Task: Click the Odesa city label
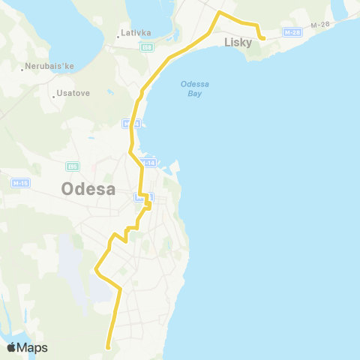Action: point(88,189)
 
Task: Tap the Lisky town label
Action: point(238,42)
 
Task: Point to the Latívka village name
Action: point(136,33)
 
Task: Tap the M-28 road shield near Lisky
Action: point(292,31)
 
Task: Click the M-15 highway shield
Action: point(20,183)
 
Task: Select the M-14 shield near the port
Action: point(148,163)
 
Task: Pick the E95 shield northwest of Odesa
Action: point(73,166)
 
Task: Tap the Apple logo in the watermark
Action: point(12,347)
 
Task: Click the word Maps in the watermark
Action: point(33,347)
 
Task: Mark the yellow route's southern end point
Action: point(109,347)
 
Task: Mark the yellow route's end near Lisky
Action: point(262,37)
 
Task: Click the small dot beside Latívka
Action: point(119,34)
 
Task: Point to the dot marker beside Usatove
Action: point(55,94)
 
